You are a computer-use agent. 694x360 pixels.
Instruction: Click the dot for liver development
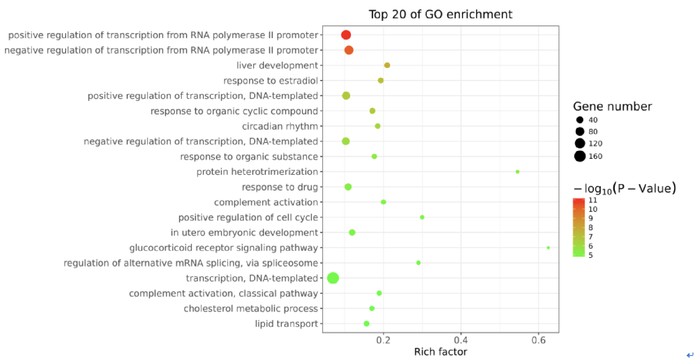[x=387, y=65]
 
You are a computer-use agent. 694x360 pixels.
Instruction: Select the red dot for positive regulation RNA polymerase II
[x=346, y=35]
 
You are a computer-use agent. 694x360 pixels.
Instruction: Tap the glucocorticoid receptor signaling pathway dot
[x=548, y=247]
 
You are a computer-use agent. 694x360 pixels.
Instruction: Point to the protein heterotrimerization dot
[x=518, y=172]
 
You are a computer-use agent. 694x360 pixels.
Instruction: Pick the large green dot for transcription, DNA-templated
[x=333, y=278]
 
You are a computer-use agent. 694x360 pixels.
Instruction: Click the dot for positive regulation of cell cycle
[x=422, y=217]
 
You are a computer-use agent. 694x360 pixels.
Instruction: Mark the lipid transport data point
[x=367, y=323]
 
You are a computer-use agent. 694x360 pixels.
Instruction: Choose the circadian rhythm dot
[x=378, y=126]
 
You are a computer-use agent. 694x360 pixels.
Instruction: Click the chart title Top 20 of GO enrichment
[x=440, y=14]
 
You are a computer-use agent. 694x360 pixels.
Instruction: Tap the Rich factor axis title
[x=440, y=352]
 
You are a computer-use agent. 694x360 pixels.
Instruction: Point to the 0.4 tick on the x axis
[x=461, y=340]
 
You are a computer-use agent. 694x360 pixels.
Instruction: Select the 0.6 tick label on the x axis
[x=538, y=340]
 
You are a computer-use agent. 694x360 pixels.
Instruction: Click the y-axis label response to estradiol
[x=270, y=80]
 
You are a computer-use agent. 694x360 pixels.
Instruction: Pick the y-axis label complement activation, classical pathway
[x=223, y=293]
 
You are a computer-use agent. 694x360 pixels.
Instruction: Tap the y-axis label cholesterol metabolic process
[x=251, y=309]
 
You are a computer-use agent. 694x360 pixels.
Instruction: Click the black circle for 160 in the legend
[x=580, y=156]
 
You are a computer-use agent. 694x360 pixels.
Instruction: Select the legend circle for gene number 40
[x=580, y=120]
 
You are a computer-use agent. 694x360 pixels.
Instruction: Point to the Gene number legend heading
[x=612, y=107]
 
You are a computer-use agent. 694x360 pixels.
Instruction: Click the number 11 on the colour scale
[x=593, y=200]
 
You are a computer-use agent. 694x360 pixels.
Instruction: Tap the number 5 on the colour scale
[x=591, y=255]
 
